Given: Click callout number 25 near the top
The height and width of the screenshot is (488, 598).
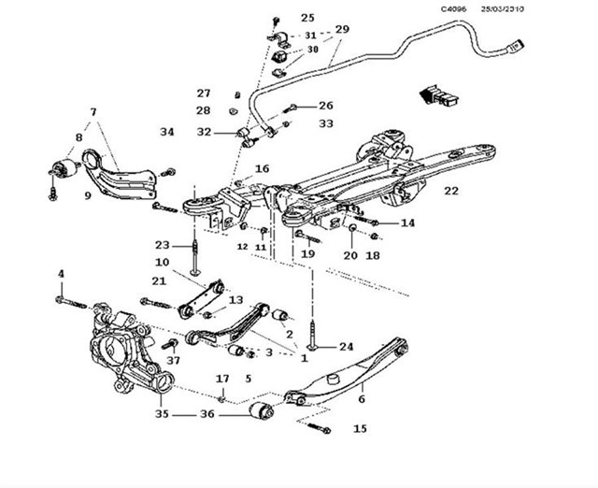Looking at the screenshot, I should (308, 18).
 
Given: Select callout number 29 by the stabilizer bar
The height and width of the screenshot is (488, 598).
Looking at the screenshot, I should (341, 30).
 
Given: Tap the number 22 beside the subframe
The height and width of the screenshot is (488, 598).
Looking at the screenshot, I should (451, 191).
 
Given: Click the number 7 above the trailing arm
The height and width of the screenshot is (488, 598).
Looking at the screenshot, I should (93, 112).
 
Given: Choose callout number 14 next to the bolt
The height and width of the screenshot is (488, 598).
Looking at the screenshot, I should (407, 223).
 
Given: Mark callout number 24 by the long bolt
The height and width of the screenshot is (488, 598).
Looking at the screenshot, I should (346, 345).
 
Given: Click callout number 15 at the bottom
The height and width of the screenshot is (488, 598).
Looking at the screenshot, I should (360, 429).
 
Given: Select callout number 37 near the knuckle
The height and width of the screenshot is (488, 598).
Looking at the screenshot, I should (173, 360).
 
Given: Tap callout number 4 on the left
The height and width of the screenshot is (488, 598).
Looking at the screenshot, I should (62, 274).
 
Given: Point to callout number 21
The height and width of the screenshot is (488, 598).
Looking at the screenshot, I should (159, 280).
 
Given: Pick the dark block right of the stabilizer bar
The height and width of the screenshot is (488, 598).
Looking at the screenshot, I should (436, 93).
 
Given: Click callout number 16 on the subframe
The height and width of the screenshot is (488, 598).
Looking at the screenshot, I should (262, 169).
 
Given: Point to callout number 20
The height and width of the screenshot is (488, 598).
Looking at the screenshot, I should (349, 254).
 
